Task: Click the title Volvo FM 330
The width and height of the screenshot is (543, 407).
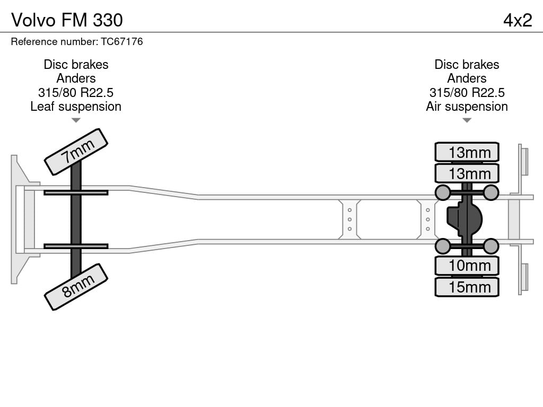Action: click(x=67, y=20)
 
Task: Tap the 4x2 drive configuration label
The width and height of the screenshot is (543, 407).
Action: click(x=518, y=20)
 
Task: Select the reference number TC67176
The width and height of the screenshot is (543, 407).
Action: click(x=122, y=41)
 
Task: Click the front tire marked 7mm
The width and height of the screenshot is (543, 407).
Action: click(x=76, y=152)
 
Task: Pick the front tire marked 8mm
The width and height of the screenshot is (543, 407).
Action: click(x=76, y=287)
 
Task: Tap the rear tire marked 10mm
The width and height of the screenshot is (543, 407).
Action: click(x=467, y=266)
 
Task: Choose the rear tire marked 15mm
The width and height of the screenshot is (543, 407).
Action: click(x=467, y=287)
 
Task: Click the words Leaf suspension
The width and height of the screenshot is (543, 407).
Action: click(x=76, y=107)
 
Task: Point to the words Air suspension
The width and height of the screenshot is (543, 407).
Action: click(x=467, y=107)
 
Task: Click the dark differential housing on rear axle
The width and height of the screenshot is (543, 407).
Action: click(x=465, y=219)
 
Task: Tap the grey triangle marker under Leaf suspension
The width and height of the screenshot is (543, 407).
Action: click(x=76, y=120)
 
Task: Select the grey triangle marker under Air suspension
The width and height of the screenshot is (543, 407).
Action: click(x=467, y=120)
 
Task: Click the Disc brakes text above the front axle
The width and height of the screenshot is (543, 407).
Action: click(x=76, y=64)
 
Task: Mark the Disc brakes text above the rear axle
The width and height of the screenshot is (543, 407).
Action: click(x=467, y=64)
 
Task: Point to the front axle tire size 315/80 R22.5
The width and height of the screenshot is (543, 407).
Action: click(x=76, y=92)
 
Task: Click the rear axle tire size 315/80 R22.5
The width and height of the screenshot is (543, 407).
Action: click(x=467, y=92)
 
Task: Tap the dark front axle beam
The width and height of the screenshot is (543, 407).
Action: click(x=76, y=219)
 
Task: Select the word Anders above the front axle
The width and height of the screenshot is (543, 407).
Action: click(x=76, y=78)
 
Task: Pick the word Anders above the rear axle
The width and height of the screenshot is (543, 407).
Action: click(x=467, y=78)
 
